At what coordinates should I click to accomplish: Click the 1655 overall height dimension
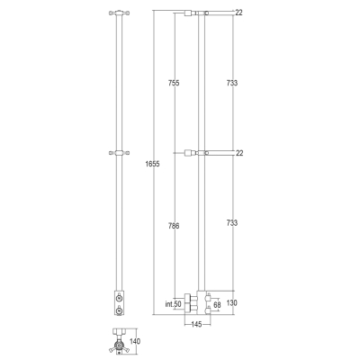(x=152, y=164)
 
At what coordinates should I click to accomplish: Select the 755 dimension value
(x=174, y=83)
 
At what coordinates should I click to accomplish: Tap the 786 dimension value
(x=174, y=226)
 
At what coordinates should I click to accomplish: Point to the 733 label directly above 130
(x=232, y=223)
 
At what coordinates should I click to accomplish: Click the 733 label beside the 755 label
(x=232, y=83)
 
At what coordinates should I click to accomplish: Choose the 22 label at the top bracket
(x=238, y=13)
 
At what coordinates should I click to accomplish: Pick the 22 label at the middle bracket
(x=239, y=153)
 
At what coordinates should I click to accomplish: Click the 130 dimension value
(x=231, y=303)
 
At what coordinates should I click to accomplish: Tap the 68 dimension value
(x=217, y=305)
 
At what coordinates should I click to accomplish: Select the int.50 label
(x=174, y=304)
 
